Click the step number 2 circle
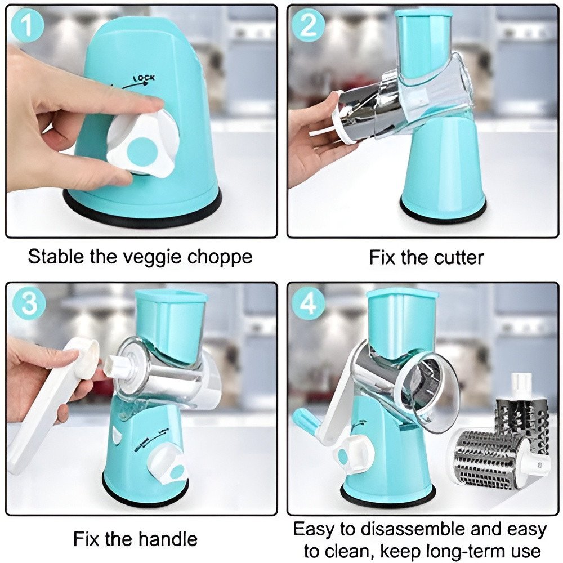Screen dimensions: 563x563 (x=308, y=25)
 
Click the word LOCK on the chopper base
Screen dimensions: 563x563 (x=144, y=78)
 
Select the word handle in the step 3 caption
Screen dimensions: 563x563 (x=168, y=539)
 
